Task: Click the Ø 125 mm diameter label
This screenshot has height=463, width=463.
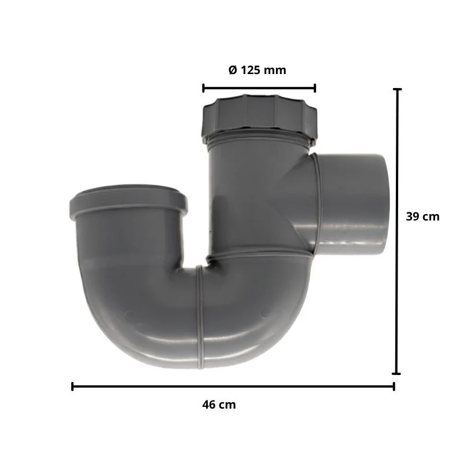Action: [257, 70]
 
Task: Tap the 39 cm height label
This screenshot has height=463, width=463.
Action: [422, 216]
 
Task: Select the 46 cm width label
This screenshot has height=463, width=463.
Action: [219, 404]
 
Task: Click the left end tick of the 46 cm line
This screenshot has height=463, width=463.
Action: [72, 386]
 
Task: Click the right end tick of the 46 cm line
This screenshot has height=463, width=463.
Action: [394, 386]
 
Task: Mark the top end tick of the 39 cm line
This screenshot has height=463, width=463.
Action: [398, 89]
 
